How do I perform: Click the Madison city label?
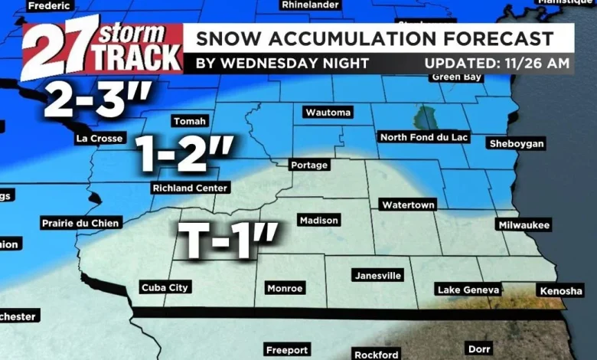pyautogui.click(x=318, y=221)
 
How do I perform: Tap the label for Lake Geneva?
pyautogui.click(x=468, y=290)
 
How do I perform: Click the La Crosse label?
pyautogui.click(x=99, y=139)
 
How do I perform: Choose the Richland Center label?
pyautogui.click(x=190, y=188)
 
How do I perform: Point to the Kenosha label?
pyautogui.click(x=561, y=291)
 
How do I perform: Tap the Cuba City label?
pyautogui.click(x=165, y=288)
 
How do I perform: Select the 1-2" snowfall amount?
pyautogui.click(x=184, y=156)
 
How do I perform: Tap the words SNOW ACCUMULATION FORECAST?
pyautogui.click(x=375, y=38)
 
